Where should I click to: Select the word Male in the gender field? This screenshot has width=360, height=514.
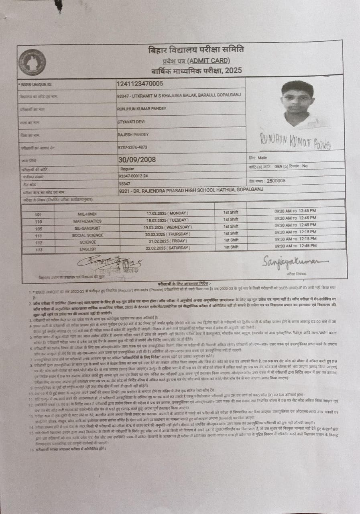coord(262,158)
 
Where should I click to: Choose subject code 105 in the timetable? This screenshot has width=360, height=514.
coord(39,229)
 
